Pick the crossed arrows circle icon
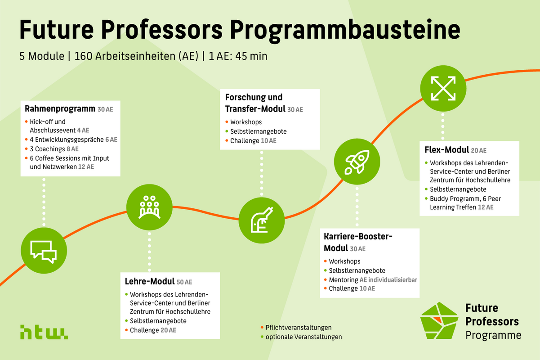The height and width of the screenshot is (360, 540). click(x=443, y=88)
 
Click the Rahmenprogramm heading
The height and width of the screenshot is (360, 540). click(x=60, y=109)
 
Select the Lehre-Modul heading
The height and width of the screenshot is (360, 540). click(x=149, y=282)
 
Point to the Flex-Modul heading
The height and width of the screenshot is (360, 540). click(x=447, y=150)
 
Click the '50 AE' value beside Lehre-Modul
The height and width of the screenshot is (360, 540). click(x=184, y=282)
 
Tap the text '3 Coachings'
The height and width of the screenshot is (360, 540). click(x=47, y=148)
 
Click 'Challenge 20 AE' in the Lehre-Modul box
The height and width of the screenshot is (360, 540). click(x=153, y=330)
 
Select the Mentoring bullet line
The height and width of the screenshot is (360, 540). click(x=373, y=280)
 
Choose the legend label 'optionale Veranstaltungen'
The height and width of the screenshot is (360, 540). click(x=303, y=337)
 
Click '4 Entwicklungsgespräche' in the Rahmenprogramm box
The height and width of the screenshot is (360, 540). click(x=67, y=139)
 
